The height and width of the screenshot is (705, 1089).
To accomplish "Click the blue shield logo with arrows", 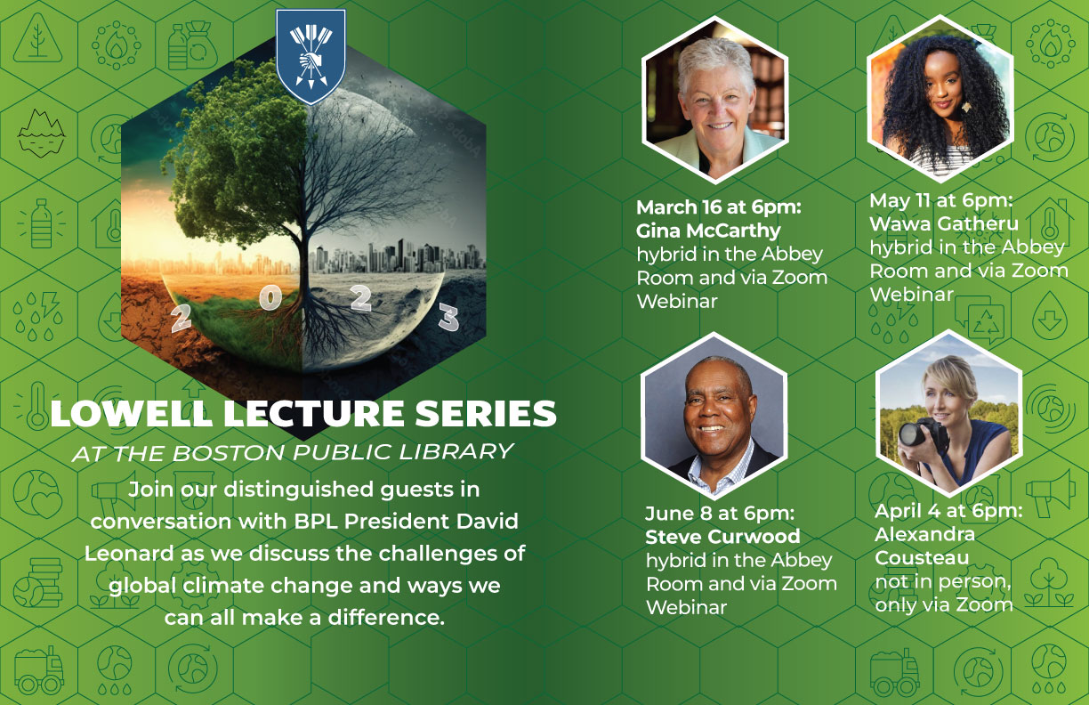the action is click(311, 56).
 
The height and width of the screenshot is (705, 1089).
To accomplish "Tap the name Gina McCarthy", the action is click(708, 231).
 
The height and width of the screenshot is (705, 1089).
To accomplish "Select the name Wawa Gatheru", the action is click(944, 223).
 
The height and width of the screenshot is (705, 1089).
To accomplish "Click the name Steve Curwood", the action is click(722, 536).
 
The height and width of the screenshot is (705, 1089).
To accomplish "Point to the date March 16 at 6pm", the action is click(719, 207).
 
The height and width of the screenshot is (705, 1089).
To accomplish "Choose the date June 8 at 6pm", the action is click(720, 514).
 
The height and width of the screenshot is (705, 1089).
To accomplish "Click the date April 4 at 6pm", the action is click(948, 511).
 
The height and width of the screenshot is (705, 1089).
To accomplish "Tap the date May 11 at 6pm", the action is click(940, 200).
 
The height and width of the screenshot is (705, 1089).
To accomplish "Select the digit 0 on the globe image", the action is click(270, 297).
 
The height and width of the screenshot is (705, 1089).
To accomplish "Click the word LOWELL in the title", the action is click(132, 414).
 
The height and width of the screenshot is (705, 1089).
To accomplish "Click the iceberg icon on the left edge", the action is click(41, 133).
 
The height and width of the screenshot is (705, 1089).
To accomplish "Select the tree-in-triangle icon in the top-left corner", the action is click(37, 38).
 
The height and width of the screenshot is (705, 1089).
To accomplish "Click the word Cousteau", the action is click(922, 557).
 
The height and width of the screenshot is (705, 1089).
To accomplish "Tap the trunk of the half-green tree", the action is click(302, 253).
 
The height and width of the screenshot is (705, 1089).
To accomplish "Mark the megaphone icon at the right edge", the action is click(1050, 493).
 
